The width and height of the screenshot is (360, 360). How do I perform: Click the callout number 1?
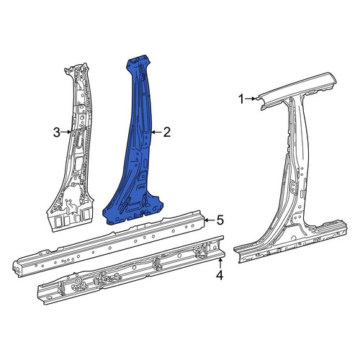242,99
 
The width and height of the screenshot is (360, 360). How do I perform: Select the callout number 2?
167,132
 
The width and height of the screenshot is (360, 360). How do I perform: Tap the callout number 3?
57,132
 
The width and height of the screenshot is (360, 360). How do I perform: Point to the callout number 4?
220,275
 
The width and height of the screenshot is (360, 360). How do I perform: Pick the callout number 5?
220,220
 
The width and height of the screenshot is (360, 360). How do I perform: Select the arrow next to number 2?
156,132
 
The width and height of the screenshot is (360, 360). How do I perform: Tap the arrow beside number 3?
66,132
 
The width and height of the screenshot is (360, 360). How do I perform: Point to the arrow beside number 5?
210,220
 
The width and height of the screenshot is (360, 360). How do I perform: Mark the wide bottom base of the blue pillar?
133,211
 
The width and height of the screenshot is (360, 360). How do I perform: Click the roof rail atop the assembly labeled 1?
297,91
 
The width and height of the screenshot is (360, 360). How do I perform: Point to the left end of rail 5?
17,268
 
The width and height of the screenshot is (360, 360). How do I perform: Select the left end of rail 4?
41,294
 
